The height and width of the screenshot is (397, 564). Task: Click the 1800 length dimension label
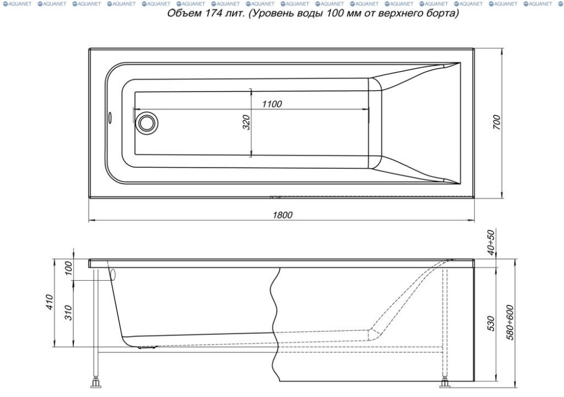tap(283, 215)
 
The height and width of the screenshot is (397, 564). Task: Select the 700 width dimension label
tap(496, 122)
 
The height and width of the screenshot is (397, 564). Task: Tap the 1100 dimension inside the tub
tap(272, 104)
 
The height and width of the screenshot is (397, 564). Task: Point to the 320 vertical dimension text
tap(246, 123)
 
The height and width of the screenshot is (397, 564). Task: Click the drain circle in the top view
tap(147, 123)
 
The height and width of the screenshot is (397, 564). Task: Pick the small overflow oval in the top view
tap(110, 117)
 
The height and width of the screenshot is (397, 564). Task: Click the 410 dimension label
tap(50, 302)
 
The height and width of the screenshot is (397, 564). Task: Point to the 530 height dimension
tap(491, 324)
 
